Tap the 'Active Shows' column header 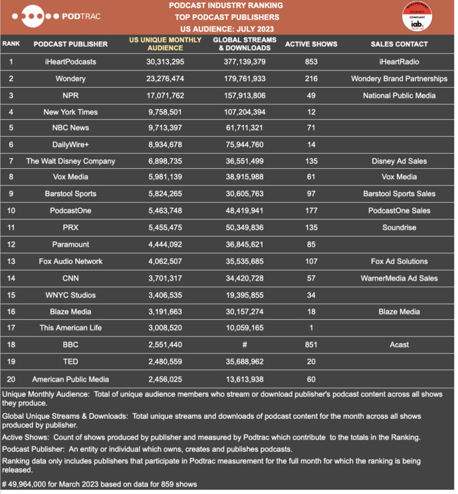[310, 44]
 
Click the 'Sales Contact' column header [399, 44]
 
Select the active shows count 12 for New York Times [310, 112]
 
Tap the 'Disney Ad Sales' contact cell [399, 161]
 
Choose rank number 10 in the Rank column [11, 211]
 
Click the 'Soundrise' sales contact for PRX [399, 227]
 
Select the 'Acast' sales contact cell [399, 345]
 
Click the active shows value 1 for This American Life [310, 328]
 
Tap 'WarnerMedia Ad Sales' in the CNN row [399, 278]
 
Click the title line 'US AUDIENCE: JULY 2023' [227, 29]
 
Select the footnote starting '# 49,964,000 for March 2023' [100, 483]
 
